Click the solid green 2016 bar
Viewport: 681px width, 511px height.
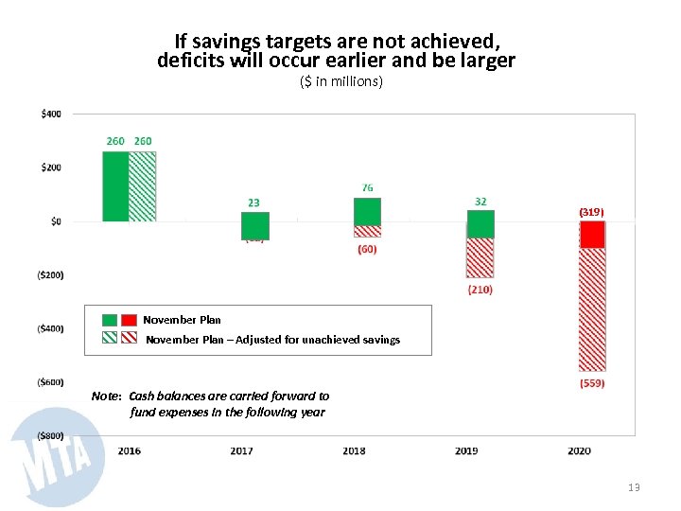tap(115, 186)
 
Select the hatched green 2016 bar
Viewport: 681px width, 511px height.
tap(143, 186)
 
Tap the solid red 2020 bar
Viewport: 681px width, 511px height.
tap(593, 235)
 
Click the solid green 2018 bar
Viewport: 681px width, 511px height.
tap(368, 211)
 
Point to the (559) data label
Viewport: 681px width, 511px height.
tap(592, 383)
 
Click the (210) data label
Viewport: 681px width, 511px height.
tap(480, 290)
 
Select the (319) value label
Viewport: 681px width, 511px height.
tap(591, 211)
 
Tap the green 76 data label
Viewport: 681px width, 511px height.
tap(367, 188)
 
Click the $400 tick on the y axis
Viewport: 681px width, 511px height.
tap(51, 114)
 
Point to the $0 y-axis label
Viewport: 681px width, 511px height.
tap(54, 221)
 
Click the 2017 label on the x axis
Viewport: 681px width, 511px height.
tap(241, 450)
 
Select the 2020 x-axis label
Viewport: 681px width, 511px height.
tap(580, 450)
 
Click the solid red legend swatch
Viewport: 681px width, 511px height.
tap(130, 320)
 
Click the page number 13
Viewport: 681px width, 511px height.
tap(634, 487)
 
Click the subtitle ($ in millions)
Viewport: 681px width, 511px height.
tap(340, 82)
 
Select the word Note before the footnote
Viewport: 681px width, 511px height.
tap(106, 396)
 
